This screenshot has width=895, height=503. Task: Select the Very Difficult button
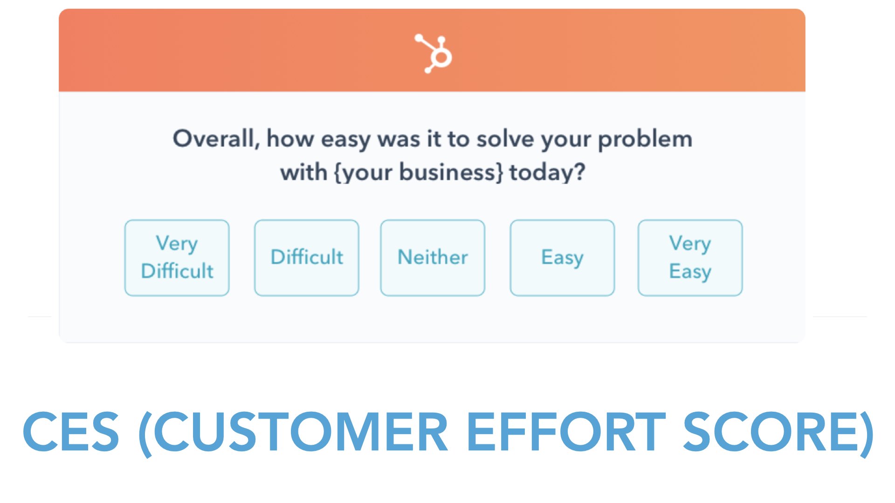click(177, 258)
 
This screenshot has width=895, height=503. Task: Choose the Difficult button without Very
click(307, 258)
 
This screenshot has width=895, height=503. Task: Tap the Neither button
click(433, 258)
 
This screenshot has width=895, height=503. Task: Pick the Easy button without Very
click(562, 258)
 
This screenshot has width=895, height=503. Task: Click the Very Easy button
click(690, 258)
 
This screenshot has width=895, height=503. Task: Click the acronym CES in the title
click(71, 432)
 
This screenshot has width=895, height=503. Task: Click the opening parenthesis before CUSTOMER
click(145, 433)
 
